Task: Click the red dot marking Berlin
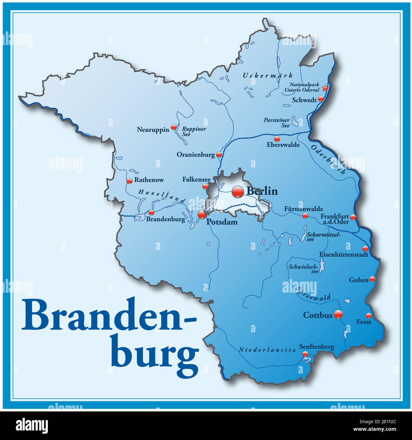[x=238, y=192]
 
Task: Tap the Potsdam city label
[x=222, y=222]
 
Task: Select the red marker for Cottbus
[x=338, y=314]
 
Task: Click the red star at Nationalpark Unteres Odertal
[x=325, y=88]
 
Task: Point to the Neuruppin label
[x=153, y=130]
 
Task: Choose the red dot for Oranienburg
[x=219, y=155]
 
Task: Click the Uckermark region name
[x=267, y=76]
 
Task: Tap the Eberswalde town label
[x=283, y=145]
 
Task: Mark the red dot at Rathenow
[x=129, y=181]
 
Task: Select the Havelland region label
[x=162, y=196]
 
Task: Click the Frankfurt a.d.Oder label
[x=335, y=219]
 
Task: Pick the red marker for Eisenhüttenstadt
[x=365, y=249]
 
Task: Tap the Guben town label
[x=358, y=280]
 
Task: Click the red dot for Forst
[x=368, y=316]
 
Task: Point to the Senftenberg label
[x=317, y=347]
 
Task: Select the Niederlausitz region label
[x=267, y=350]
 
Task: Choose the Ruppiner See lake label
[x=194, y=131]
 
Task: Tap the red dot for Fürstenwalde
[x=305, y=216]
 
